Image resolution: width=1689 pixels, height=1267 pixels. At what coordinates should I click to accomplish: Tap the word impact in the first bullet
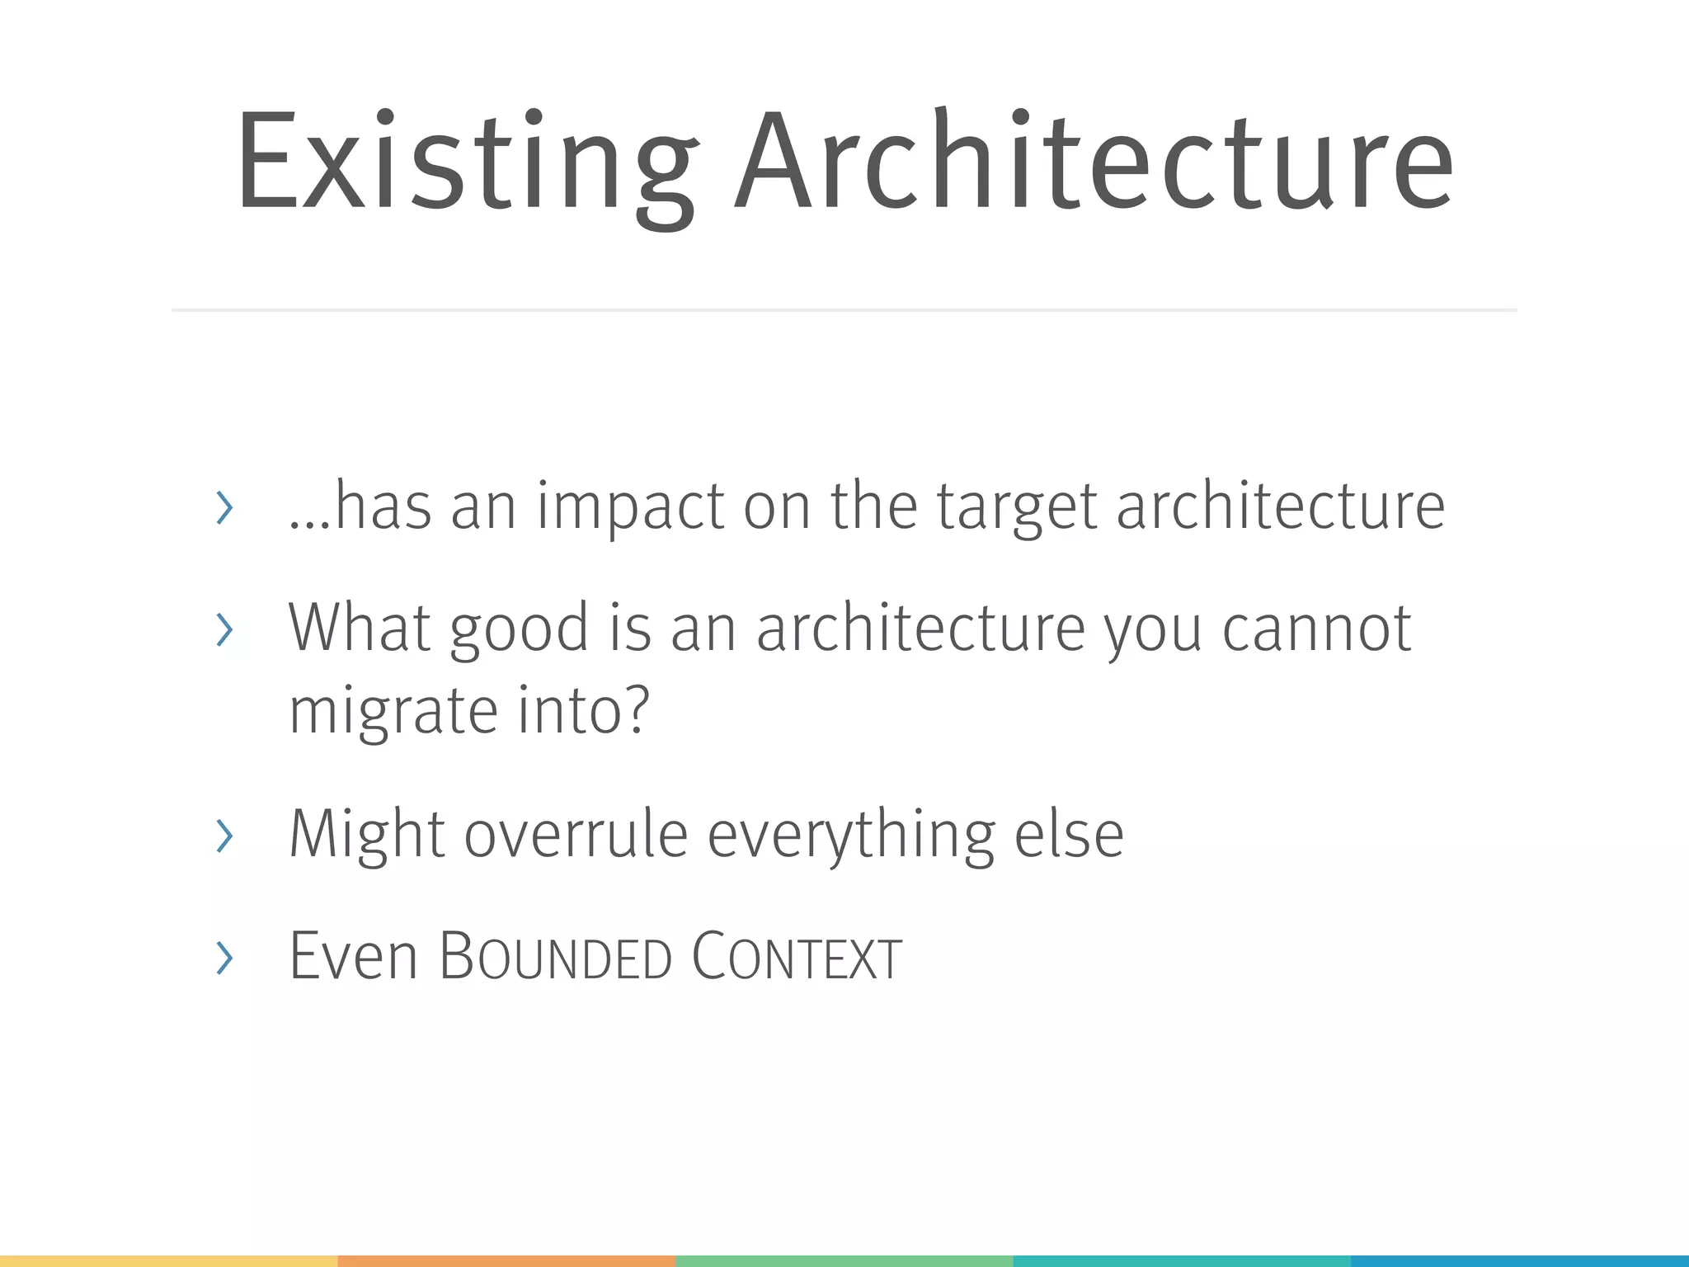tap(630, 506)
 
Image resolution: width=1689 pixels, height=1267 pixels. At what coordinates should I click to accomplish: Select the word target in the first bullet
tap(1016, 506)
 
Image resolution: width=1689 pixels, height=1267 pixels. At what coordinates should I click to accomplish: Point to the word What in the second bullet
tap(359, 629)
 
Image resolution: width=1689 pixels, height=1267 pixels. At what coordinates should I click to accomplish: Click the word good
tap(520, 630)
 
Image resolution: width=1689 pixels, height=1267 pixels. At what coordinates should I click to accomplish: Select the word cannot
tap(1316, 629)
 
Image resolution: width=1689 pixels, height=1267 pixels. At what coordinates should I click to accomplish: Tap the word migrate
tap(393, 711)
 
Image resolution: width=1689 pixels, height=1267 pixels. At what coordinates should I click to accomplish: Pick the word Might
tap(367, 834)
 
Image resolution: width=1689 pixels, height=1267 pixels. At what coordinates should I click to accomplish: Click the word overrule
tap(576, 834)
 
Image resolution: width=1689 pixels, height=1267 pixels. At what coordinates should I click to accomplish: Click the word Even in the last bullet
tap(353, 956)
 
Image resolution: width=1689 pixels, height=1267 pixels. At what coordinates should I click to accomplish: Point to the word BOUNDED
tap(555, 956)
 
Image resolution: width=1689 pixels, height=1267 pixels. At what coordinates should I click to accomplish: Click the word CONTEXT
tap(796, 956)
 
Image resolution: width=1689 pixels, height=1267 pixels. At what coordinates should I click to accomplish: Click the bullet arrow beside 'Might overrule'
tap(223, 836)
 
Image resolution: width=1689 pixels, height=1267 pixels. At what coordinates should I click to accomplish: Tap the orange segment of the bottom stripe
tap(506, 1260)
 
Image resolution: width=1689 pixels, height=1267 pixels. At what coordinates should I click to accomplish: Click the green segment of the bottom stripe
tap(844, 1260)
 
